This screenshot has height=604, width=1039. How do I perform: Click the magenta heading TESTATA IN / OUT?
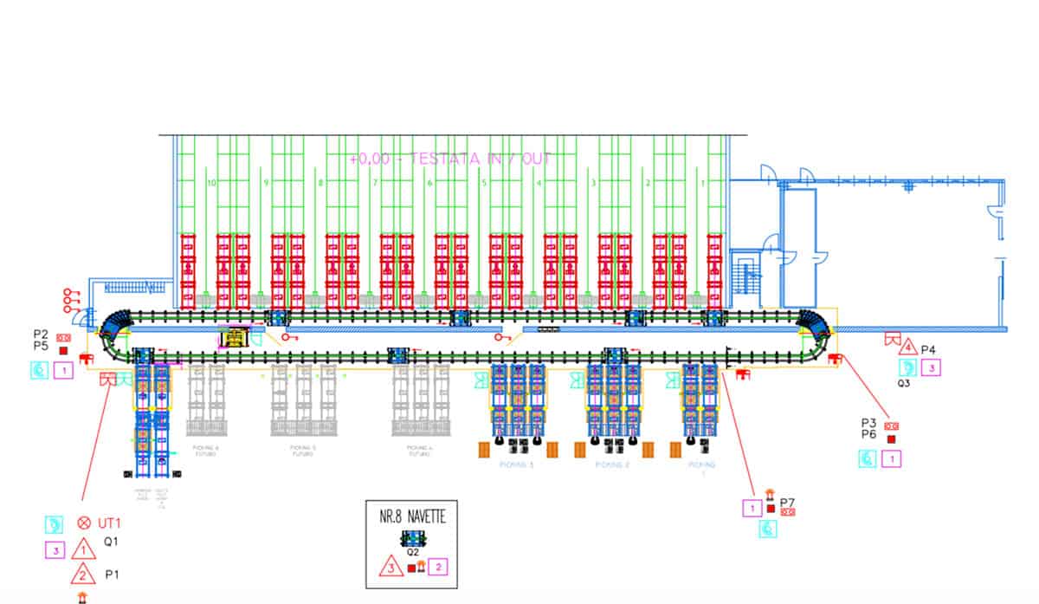tap(450, 159)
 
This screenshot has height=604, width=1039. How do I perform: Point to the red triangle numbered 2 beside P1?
tap(83, 574)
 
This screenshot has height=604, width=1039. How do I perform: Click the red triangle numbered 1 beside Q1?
tap(83, 549)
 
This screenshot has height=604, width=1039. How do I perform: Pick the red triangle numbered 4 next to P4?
tap(907, 348)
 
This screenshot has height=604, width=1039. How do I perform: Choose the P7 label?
tap(787, 502)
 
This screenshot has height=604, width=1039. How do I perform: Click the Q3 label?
tap(903, 382)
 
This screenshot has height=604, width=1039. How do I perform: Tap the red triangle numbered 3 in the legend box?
tap(390, 568)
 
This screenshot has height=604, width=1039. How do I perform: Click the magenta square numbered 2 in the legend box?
tap(439, 568)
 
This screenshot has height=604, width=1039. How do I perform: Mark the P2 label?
tap(40, 334)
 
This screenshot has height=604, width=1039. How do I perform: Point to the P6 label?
tap(869, 435)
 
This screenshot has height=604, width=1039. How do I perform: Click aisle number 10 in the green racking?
tap(210, 183)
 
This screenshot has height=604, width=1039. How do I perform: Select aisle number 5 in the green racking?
tap(484, 183)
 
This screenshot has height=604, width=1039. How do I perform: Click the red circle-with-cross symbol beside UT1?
tap(84, 523)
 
